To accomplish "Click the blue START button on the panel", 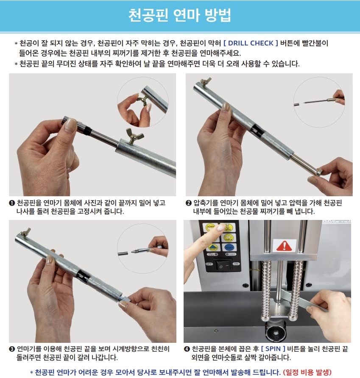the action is (229, 247).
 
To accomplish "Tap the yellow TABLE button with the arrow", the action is (229, 238).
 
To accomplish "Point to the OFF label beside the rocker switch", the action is (209, 264).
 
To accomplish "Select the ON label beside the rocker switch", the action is (236, 264).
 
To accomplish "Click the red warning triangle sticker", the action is (284, 246).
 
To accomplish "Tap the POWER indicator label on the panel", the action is (231, 254).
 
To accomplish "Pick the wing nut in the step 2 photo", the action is (205, 82).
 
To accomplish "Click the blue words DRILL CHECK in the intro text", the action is (251, 43).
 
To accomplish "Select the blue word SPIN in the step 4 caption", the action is (273, 349).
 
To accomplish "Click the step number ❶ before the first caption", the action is (12, 203).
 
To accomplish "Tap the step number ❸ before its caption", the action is (12, 349).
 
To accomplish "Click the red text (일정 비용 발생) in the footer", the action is (307, 372).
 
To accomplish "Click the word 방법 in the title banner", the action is (218, 15).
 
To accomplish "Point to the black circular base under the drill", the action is (275, 332).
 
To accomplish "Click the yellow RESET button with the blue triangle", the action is (212, 247).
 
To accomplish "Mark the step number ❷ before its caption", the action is (189, 203).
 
